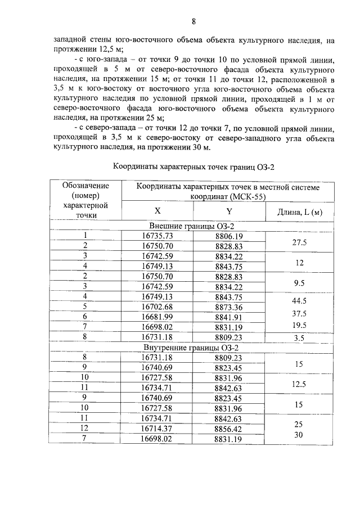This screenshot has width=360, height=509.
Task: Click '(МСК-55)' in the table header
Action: point(247,197)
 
